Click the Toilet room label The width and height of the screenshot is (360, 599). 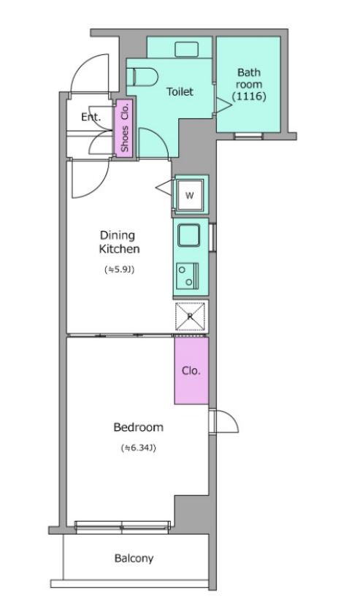tap(180, 92)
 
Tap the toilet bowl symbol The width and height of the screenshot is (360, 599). tap(142, 77)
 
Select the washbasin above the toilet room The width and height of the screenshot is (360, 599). tap(186, 49)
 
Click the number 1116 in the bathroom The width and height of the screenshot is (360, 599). tap(249, 96)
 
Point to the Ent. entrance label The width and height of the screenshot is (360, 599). tap(91, 117)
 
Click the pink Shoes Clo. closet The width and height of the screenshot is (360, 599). tap(124, 128)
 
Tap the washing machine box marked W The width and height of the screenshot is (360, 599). tap(190, 195)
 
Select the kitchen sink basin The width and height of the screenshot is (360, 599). tap(188, 235)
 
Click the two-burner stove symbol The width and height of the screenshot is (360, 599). tap(187, 275)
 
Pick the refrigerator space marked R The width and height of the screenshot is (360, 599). tap(190, 316)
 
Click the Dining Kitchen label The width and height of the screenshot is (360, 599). tap(119, 242)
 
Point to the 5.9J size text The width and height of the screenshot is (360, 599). tap(120, 270)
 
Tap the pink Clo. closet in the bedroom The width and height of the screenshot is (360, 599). tap(191, 370)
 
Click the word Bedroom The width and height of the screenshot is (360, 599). tap(138, 427)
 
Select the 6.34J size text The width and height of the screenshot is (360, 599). tap(138, 448)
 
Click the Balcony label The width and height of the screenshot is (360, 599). tap(134, 558)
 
